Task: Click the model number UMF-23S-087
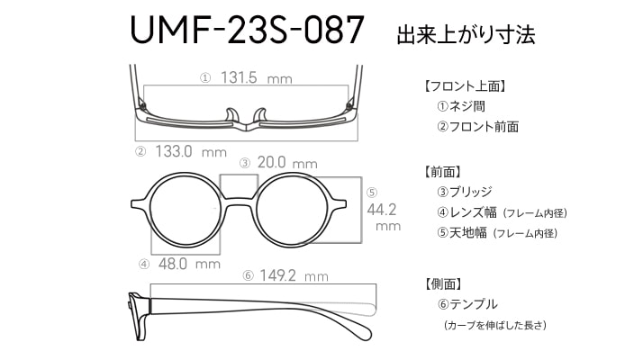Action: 247,30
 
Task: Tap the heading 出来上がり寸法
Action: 466,34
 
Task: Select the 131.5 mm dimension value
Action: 257,77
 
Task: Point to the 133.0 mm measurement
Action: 191,152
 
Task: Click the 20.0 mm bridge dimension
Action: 287,163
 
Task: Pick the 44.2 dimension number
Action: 381,210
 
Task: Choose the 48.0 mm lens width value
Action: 189,264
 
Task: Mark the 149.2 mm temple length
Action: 294,275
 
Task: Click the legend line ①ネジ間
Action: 461,106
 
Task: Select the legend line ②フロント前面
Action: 477,127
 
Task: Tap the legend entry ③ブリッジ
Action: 464,192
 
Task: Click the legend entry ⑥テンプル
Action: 467,304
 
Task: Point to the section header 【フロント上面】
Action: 464,86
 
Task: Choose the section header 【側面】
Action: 443,283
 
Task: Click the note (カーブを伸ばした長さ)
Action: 495,325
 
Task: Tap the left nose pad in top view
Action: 231,115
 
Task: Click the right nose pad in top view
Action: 260,115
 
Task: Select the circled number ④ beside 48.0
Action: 144,265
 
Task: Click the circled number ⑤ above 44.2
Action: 372,193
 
